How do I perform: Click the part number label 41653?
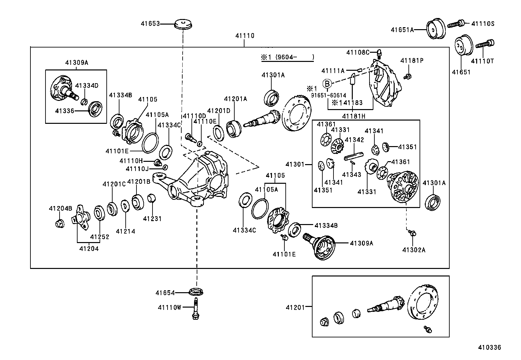click(150, 24)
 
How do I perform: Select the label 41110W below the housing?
click(169, 307)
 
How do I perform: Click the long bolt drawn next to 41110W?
click(196, 308)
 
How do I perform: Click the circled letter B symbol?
click(327, 84)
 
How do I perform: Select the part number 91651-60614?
click(328, 95)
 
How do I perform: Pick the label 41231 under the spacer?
click(152, 219)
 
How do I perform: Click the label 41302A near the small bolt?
click(414, 250)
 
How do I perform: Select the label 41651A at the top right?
click(402, 30)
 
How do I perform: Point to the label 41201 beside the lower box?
click(295, 307)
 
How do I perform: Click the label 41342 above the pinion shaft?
click(354, 140)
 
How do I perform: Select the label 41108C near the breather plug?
click(358, 52)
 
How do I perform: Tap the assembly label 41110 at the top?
click(245, 36)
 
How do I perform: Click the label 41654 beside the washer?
click(165, 293)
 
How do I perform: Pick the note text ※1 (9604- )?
click(287, 57)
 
